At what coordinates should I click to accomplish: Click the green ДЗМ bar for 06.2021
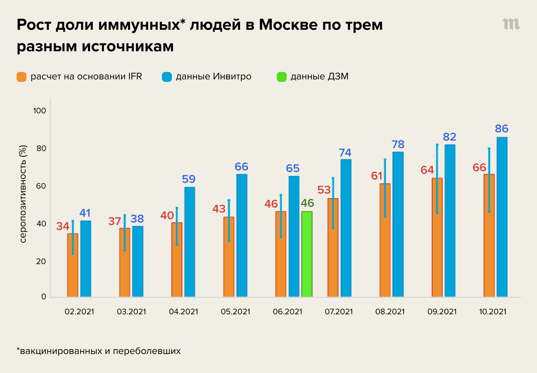[x=307, y=254]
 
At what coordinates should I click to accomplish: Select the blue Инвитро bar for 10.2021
[x=502, y=217]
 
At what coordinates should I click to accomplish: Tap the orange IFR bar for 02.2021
[x=72, y=265]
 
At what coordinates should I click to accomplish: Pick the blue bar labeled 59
[x=190, y=241]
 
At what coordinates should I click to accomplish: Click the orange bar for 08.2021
[x=385, y=240]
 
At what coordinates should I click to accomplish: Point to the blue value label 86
[x=502, y=129]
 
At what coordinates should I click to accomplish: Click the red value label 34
[x=63, y=226]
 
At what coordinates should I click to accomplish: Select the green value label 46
[x=307, y=203]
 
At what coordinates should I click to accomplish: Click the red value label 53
[x=324, y=190]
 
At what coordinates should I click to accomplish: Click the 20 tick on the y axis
[x=41, y=261]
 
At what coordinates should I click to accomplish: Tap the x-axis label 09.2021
[x=441, y=312]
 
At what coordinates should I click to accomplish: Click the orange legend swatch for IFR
[x=21, y=77]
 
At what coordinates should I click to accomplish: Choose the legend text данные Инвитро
[x=214, y=77]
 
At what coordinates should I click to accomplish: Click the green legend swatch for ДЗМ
[x=281, y=77]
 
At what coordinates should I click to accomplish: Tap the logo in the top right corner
[x=511, y=24]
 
